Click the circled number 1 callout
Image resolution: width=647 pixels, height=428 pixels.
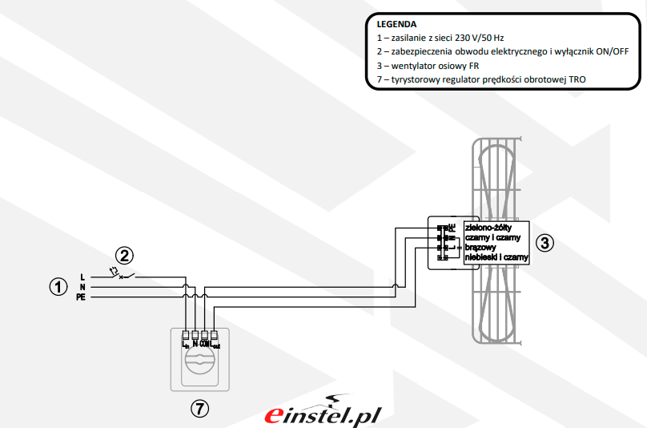58,286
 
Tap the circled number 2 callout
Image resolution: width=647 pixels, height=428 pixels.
123,256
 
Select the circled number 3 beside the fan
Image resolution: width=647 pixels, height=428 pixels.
545,243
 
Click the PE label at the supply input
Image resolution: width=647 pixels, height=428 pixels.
81,297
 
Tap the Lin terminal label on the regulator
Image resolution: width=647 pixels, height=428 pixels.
186,344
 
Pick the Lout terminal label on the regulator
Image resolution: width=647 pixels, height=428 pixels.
215,344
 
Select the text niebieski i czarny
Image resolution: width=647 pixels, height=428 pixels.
496,257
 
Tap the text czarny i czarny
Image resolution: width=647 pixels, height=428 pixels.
492,238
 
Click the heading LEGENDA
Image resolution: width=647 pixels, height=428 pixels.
396,24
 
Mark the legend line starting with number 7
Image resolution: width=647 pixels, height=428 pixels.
476,79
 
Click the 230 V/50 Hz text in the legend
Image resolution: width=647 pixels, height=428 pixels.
480,38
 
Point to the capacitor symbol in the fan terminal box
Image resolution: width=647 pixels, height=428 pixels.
440,238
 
